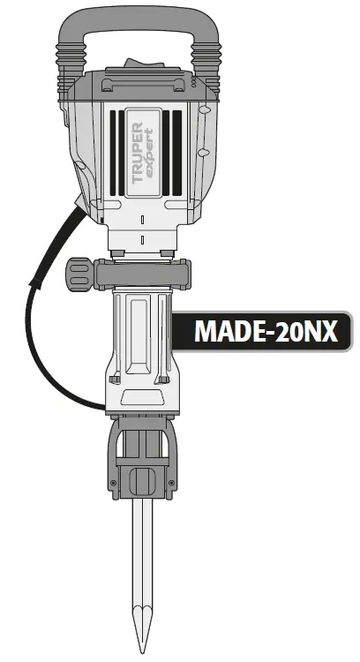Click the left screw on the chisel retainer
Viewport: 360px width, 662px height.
click(114, 481)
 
